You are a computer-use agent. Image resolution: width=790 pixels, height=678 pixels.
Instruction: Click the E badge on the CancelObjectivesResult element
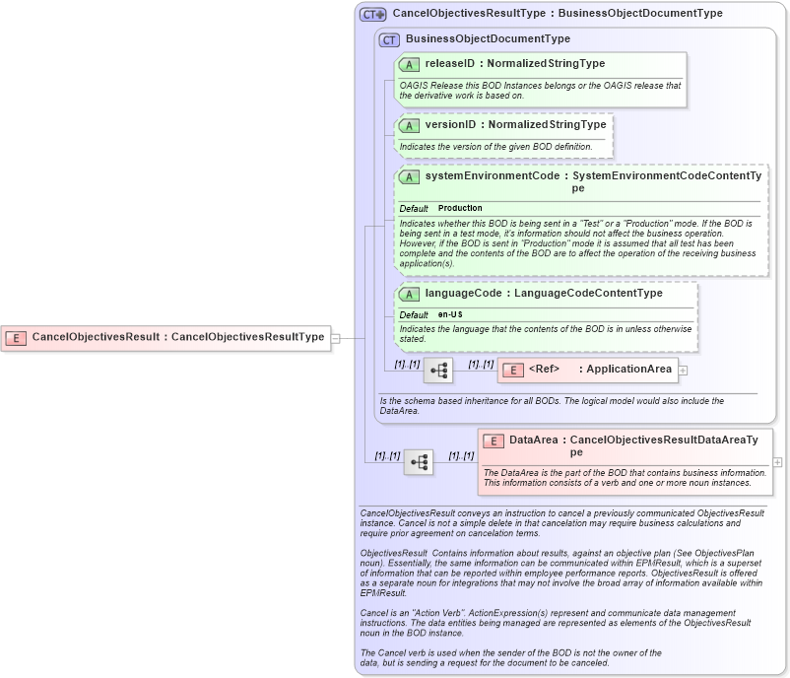[16, 337]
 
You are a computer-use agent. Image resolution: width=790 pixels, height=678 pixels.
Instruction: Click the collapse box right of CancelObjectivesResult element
[335, 338]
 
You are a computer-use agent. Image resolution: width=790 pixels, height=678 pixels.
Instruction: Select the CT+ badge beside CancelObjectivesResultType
[373, 15]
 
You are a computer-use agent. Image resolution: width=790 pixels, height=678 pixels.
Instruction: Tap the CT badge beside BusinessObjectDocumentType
[389, 40]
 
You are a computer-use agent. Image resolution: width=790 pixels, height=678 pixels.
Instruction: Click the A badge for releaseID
[409, 64]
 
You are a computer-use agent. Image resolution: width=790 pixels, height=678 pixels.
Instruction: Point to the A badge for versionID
[409, 126]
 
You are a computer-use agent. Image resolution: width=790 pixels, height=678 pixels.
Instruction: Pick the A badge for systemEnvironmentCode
[409, 176]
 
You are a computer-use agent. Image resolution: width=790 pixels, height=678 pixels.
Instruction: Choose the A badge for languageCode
[409, 294]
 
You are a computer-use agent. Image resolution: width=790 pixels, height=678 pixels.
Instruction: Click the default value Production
[460, 209]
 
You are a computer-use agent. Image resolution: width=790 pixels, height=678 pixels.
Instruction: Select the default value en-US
[449, 314]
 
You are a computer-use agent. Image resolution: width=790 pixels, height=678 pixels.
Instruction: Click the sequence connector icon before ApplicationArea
[438, 371]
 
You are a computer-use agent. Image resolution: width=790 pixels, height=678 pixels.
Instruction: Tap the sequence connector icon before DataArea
[419, 462]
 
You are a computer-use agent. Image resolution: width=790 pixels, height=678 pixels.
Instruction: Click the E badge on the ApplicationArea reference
[512, 371]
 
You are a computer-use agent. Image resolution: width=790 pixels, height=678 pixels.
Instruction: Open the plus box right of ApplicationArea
[683, 371]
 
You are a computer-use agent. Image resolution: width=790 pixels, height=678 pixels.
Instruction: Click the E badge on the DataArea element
[493, 441]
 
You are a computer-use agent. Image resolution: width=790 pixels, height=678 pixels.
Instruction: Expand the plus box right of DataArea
[777, 462]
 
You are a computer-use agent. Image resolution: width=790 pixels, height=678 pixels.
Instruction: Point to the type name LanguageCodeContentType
[587, 294]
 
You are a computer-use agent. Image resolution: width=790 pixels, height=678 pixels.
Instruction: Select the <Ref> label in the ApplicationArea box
[544, 371]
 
